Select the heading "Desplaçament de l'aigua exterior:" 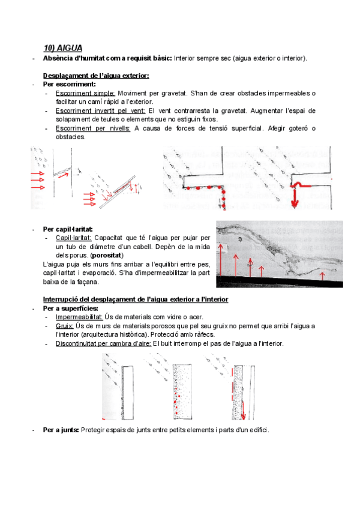click(x=96, y=76)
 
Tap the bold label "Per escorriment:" click(x=65, y=84)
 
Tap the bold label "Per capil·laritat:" click(x=68, y=229)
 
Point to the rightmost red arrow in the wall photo click(x=323, y=276)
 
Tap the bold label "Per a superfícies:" click(x=71, y=309)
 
